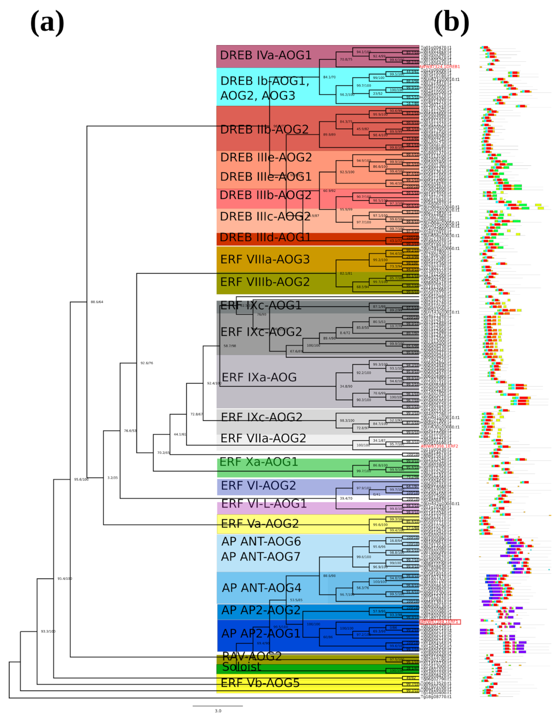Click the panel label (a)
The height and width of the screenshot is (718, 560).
[47, 23]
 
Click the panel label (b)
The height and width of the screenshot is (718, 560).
[451, 23]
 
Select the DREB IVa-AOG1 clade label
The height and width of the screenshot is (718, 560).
[265, 55]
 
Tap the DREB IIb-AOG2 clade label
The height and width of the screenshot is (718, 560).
[264, 130]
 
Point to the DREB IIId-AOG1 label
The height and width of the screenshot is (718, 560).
[265, 237]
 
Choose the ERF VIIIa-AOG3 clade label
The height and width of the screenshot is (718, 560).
[265, 260]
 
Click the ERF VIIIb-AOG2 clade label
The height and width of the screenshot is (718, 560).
[265, 282]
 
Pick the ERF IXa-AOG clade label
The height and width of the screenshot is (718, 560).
[259, 378]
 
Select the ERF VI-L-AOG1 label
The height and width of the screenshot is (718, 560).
[263, 504]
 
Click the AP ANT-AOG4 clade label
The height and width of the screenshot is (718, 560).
[261, 588]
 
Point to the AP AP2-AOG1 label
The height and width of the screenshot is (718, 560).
[261, 634]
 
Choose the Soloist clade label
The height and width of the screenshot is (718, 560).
[241, 667]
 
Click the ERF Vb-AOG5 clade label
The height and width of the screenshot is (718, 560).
[260, 683]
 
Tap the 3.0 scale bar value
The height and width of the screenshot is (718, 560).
[218, 711]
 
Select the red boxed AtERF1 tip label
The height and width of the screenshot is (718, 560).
[440, 622]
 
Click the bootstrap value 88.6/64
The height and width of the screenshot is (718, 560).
[97, 302]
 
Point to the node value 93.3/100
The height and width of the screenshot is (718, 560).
[48, 632]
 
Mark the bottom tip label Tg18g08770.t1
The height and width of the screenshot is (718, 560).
[436, 697]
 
